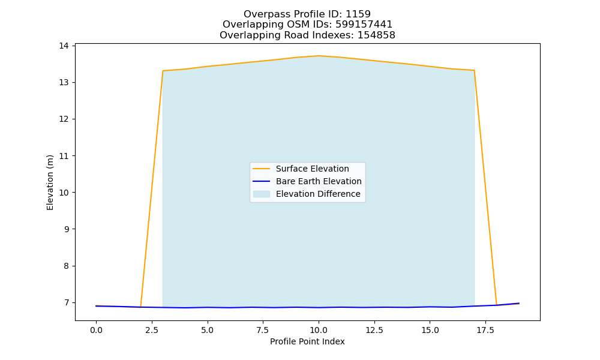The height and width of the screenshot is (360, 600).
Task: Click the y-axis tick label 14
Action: point(64,46)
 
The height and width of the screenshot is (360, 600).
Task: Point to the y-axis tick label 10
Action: point(64,193)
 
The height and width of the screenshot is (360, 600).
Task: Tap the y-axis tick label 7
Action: point(66,302)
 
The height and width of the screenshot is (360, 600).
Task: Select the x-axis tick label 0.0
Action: point(96,330)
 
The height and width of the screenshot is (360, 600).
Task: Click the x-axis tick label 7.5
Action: point(263,330)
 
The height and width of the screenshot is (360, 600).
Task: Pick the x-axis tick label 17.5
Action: point(485,330)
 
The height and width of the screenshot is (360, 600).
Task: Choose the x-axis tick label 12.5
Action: point(374,330)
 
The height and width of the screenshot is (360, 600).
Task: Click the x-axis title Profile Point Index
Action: point(307,341)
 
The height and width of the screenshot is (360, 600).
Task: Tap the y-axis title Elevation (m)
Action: point(50,182)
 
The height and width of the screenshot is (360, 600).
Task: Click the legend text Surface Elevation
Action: point(312,169)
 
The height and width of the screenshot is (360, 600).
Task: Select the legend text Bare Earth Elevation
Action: point(319,181)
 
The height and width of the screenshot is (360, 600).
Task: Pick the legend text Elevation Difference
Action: point(318,194)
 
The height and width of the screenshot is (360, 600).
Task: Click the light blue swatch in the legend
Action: point(262,194)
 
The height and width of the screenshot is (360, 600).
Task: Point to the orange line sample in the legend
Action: point(262,169)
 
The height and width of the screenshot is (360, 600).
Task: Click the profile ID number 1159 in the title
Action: point(358,14)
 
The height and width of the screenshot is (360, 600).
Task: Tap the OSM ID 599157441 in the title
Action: point(364,25)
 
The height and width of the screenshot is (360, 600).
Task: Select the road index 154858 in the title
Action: point(376,35)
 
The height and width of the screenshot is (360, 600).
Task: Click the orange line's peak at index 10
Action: point(319,56)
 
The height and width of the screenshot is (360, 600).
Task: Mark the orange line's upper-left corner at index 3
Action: point(163,71)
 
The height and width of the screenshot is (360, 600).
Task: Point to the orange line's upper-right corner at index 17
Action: point(474,70)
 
